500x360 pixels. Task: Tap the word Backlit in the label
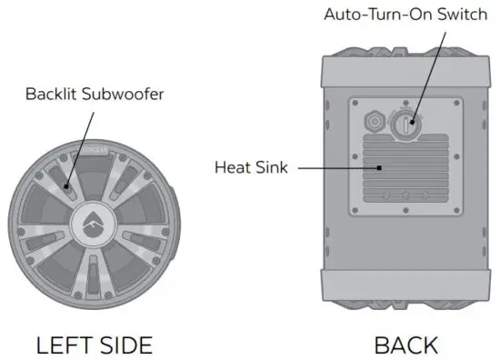[x=47, y=93]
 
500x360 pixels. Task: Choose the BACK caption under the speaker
[x=405, y=345]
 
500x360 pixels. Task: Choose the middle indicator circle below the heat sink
[x=406, y=195]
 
